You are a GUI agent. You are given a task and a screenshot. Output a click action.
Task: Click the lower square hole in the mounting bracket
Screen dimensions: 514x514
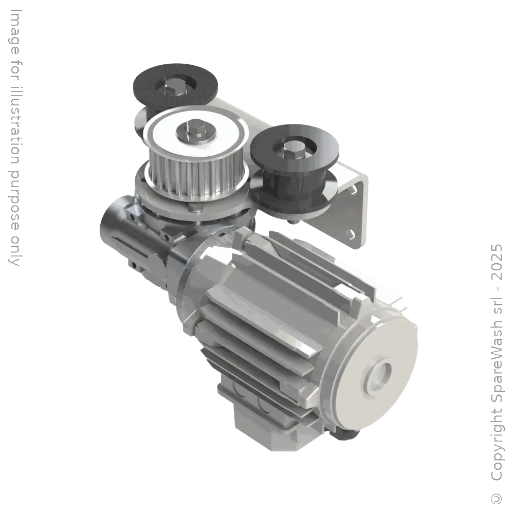click(351, 233)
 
